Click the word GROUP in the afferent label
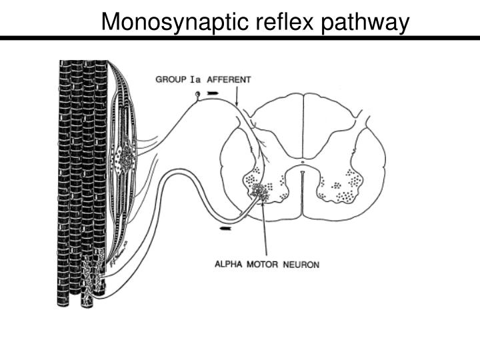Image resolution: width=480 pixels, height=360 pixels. click(x=171, y=79)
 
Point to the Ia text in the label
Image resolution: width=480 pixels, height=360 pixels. click(x=195, y=79)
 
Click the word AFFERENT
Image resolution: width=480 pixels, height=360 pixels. click(x=229, y=79)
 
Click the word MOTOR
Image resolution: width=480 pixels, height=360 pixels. click(x=265, y=264)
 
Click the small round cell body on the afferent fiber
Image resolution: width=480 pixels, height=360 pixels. click(x=197, y=94)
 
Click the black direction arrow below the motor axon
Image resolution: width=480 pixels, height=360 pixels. click(x=226, y=229)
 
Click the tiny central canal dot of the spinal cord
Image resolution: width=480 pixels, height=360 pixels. click(x=302, y=161)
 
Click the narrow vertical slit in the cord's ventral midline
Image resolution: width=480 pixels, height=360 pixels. click(x=302, y=193)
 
